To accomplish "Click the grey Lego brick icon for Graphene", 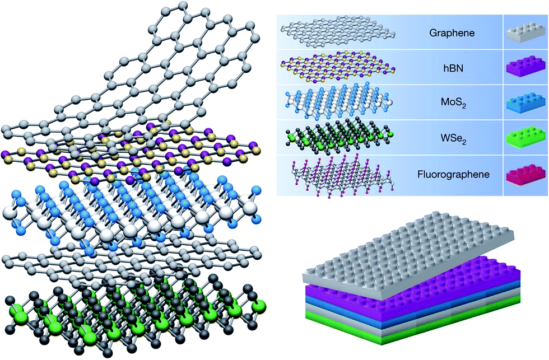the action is tap(526, 31).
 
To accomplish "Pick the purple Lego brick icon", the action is tap(526, 67).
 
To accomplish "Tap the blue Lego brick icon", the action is tap(526, 103).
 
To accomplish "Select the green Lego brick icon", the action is tap(526, 139).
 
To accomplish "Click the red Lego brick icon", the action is tap(526, 175).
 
